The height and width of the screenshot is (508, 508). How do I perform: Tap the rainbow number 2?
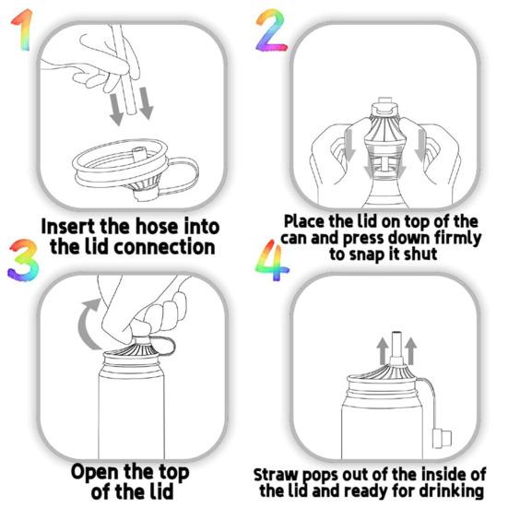coord(270,32)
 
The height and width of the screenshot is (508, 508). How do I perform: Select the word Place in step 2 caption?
coord(303,221)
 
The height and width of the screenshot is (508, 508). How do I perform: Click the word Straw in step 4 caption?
coord(278,474)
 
